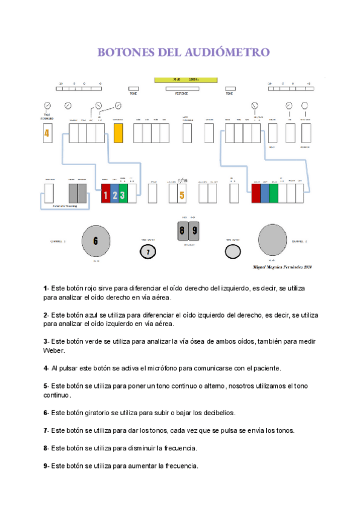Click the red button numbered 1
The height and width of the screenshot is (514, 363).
[105, 195]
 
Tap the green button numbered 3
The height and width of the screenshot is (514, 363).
[123, 195]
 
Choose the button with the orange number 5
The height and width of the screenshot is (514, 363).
[181, 195]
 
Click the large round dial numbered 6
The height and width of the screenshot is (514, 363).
[96, 240]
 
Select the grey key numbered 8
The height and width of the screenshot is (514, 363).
[182, 230]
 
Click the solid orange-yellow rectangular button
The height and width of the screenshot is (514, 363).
[118, 133]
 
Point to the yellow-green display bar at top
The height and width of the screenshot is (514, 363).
[185, 79]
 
